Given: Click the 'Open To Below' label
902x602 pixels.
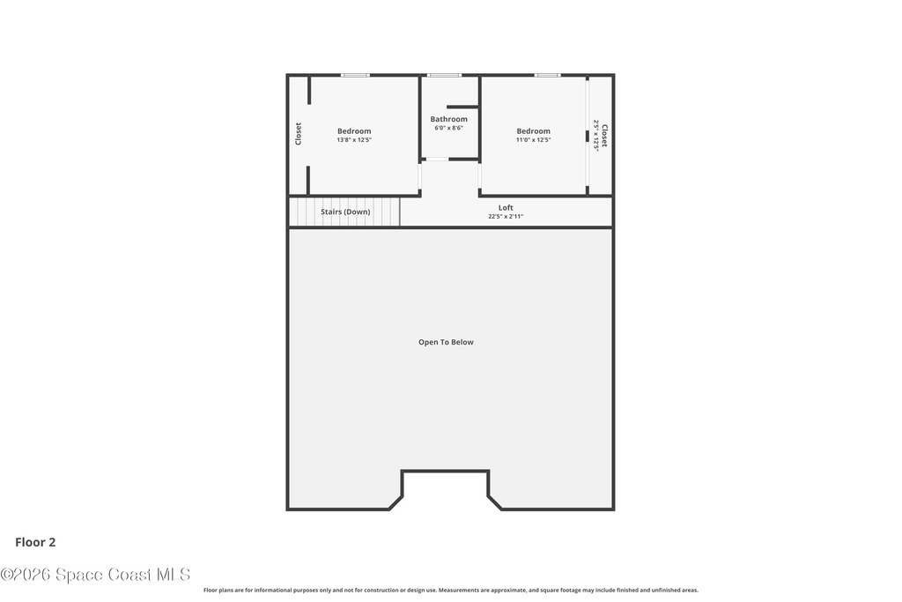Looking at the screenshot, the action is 446,342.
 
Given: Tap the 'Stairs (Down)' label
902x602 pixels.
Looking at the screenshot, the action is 345,212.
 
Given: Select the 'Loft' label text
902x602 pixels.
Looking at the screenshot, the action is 506,208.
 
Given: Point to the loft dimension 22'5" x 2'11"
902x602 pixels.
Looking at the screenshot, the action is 506,217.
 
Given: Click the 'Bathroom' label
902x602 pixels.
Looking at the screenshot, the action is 448,119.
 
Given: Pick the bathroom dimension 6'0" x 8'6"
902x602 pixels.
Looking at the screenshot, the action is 448,128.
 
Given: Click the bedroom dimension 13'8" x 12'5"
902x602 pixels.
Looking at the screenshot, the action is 354,140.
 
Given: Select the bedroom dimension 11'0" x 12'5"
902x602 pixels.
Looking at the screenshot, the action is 533,140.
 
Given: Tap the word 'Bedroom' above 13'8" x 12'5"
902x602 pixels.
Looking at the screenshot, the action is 354,131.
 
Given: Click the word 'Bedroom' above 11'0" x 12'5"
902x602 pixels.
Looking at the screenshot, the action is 533,131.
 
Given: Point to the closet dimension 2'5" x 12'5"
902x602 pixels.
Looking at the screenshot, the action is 596,135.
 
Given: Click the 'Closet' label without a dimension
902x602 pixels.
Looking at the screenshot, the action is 298,133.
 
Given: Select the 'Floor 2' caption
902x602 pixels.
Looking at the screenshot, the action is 35,542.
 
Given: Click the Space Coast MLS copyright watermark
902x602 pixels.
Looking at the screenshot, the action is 95,575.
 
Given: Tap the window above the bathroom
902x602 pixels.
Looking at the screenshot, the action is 444,76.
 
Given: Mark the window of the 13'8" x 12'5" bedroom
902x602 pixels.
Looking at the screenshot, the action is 355,76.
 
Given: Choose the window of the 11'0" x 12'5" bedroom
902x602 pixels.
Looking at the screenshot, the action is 547,76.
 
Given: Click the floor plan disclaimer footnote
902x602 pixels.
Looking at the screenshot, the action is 451,590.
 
